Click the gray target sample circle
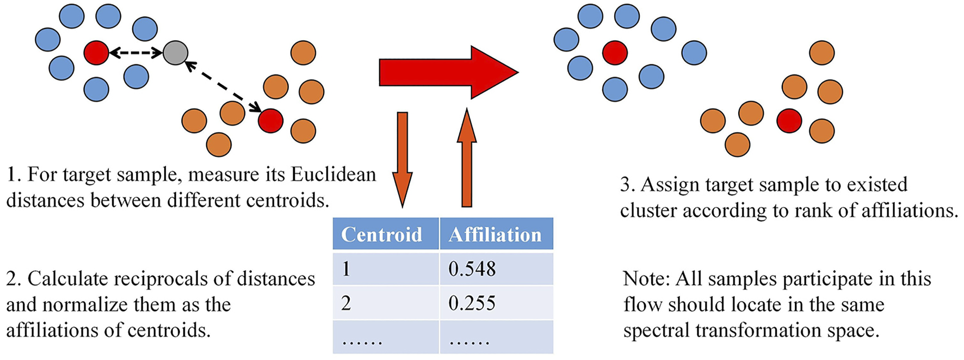[175, 53]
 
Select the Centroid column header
[382, 234]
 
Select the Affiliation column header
[495, 234]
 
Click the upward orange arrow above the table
[466, 158]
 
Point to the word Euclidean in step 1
[333, 175]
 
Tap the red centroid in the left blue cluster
[96, 53]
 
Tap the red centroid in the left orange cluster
[270, 120]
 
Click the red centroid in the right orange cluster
[789, 120]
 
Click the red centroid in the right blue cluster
[615, 53]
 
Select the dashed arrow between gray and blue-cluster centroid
[136, 53]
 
